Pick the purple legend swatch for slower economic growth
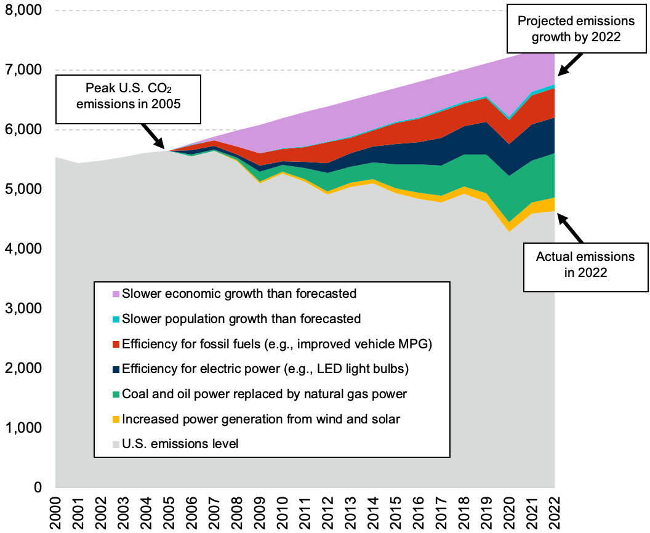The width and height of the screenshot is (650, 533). coord(115,294)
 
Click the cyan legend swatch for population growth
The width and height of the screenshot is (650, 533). coord(115,319)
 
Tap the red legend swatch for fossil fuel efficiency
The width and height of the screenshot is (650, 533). coord(115,345)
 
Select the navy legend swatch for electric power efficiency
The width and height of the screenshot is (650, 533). coord(115,369)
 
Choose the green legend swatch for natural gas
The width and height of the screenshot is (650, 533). coord(115,395)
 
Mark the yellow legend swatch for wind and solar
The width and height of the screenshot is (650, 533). coord(115,420)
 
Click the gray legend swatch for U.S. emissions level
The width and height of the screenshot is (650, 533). coord(115,444)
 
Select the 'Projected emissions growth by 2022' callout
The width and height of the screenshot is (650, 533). coord(576,28)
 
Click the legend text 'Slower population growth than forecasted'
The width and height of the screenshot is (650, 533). coord(241,319)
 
